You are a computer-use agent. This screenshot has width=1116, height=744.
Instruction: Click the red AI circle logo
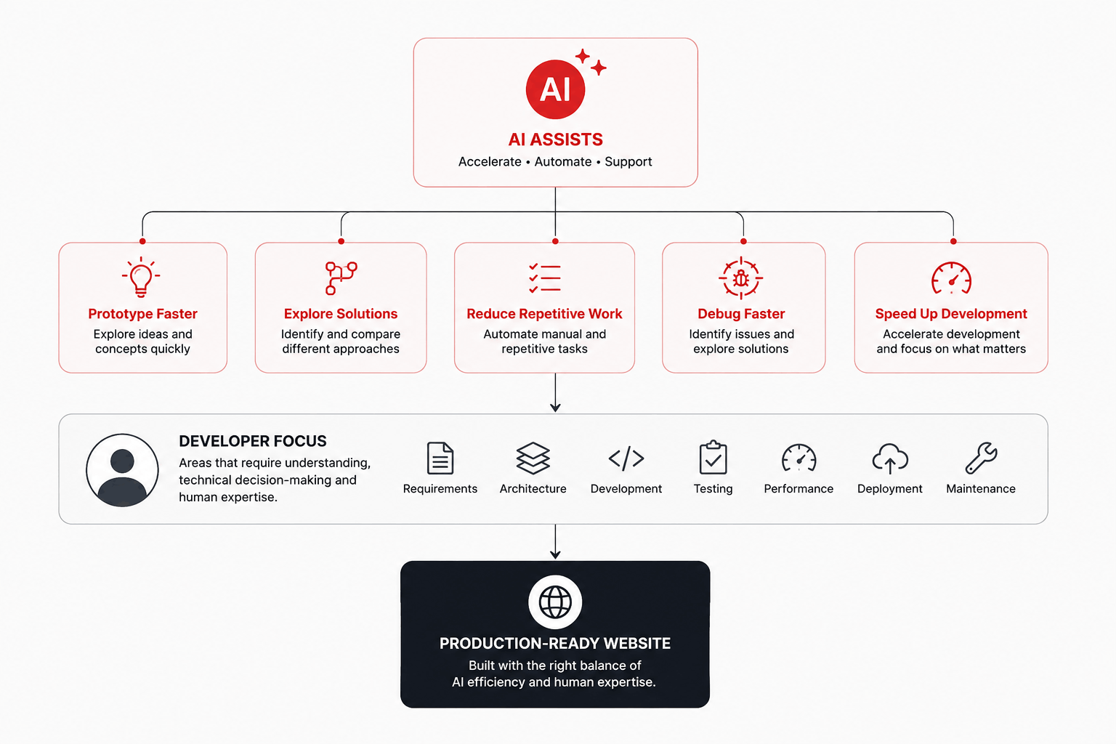pos(555,89)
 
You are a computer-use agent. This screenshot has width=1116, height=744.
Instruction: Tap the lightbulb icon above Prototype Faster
pos(141,277)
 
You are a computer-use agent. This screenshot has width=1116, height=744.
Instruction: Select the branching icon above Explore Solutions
pos(341,278)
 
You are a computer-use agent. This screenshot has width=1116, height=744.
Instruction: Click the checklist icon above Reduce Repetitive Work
pos(544,278)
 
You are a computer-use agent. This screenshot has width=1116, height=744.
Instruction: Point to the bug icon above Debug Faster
pos(741,278)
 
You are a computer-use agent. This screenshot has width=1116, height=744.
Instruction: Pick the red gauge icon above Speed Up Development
pos(951,278)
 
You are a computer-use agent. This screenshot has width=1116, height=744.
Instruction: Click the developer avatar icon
pos(122,470)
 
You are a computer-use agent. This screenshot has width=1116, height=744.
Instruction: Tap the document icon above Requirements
pos(440,458)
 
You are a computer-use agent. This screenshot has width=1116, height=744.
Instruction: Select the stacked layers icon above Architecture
pos(533,458)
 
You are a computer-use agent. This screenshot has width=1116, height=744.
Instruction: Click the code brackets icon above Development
pos(626,458)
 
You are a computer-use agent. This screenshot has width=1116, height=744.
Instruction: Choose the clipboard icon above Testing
pos(713,458)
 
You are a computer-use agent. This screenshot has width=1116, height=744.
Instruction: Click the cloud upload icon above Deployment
pos(890,458)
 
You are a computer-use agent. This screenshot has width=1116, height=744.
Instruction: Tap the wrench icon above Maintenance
pos(980,458)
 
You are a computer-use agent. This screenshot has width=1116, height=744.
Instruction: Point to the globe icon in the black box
pos(555,602)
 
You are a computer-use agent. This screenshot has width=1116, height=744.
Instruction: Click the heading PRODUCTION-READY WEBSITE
pos(555,643)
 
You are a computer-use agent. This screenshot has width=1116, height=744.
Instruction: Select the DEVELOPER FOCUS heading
pos(253,441)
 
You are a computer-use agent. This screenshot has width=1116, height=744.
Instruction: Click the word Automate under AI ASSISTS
pos(563,161)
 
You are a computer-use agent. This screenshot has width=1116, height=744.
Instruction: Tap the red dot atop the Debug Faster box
pos(743,241)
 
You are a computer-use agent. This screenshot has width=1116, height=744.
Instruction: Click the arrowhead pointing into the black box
pos(555,554)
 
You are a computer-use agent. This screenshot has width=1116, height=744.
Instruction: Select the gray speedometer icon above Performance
pos(798,458)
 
